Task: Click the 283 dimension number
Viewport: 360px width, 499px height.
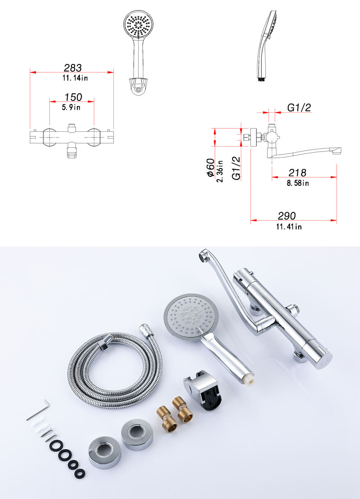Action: tap(73, 68)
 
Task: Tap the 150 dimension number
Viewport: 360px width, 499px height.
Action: tap(73, 97)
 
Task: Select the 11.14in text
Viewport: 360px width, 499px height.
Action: tap(75, 78)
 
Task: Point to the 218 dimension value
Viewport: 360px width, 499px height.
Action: tap(297, 173)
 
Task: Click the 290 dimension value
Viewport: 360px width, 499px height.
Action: tap(287, 216)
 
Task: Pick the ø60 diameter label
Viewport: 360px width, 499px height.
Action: tap(211, 167)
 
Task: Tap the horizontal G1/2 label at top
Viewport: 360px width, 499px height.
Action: tap(299, 108)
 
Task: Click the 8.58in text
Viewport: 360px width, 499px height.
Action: tap(298, 183)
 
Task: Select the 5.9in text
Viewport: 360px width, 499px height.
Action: tap(71, 107)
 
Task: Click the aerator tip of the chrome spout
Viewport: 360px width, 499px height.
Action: tap(202, 256)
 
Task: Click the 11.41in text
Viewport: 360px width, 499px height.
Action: tap(289, 227)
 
